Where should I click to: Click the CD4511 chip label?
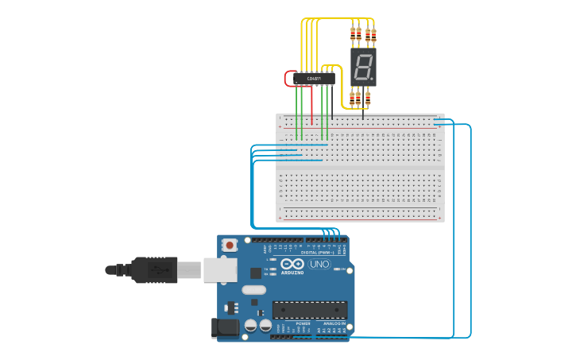tap(314, 79)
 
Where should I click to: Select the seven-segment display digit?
tap(362, 68)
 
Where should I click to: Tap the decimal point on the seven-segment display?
tap(371, 79)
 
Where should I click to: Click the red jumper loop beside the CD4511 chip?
tap(288, 79)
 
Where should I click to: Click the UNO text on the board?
tap(319, 264)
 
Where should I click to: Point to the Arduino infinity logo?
tap(292, 264)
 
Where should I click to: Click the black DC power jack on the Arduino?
tap(225, 327)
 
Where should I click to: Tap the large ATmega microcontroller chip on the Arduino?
tap(310, 310)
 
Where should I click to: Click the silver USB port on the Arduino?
tap(220, 269)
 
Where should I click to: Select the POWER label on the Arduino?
tap(303, 324)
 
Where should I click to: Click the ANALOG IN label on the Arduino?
tap(332, 324)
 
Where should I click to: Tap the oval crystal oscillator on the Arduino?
tap(253, 290)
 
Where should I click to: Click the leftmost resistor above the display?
tap(353, 33)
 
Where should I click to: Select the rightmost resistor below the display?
tap(367, 98)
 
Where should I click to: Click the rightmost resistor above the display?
tap(373, 33)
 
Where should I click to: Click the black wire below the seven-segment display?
tap(363, 114)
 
